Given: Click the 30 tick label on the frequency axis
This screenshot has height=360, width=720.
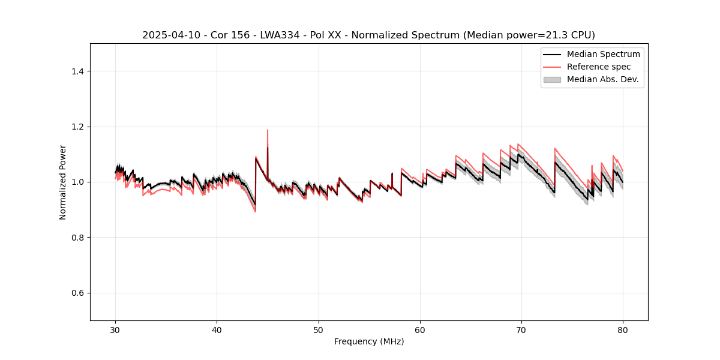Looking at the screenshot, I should (116, 329).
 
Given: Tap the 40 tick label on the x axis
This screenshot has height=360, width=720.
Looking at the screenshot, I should (217, 329).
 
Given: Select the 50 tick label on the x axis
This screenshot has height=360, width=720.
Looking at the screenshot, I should (319, 329).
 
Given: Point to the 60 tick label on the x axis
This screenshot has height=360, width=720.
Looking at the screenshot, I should (420, 329).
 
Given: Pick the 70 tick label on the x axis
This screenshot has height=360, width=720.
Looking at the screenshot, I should (521, 329).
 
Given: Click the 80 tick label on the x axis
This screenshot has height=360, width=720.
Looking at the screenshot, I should (623, 329).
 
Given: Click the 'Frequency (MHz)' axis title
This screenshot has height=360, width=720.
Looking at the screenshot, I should (369, 341).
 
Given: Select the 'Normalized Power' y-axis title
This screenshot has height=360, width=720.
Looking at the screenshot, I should (63, 182).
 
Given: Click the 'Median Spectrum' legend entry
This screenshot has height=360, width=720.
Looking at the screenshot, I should (603, 54).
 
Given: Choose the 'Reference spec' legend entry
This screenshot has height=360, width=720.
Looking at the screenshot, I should (598, 67).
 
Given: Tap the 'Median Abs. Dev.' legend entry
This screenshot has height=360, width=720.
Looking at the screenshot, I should (603, 79).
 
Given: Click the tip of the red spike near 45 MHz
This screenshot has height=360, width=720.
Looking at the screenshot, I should (268, 130).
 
